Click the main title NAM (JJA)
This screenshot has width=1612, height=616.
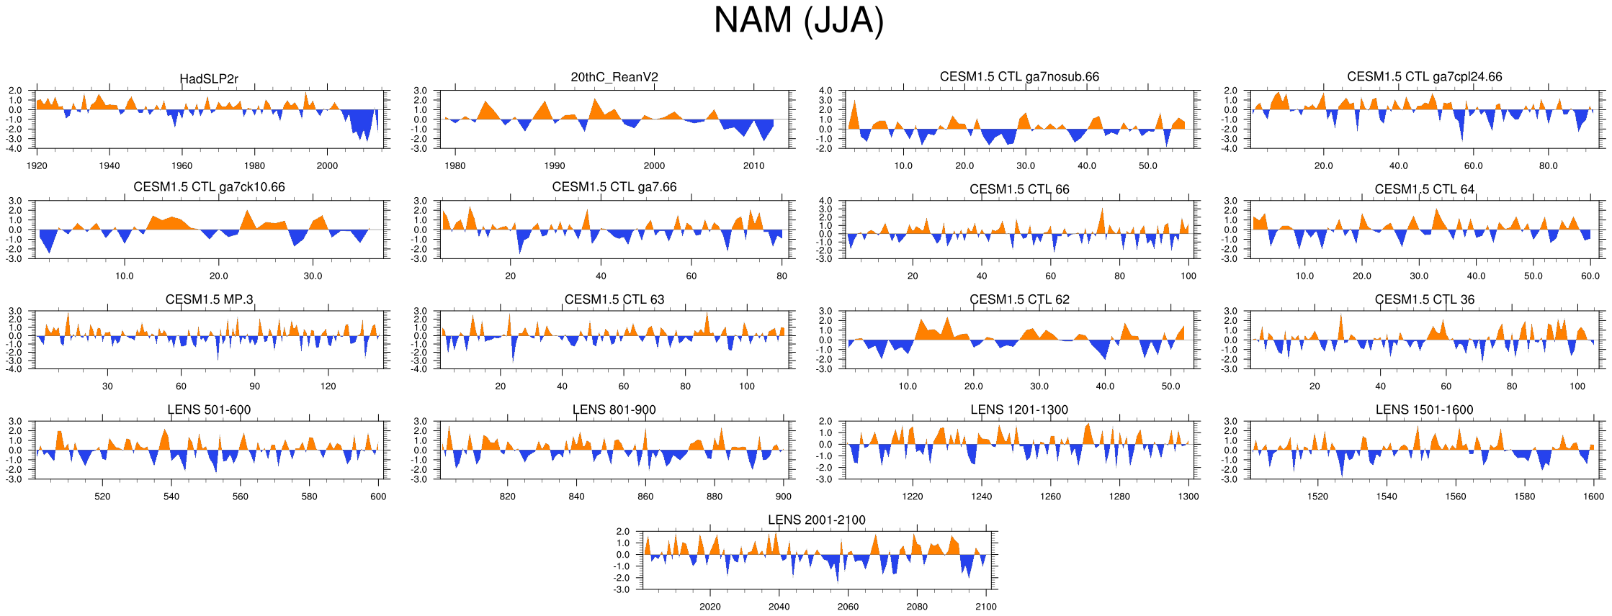point(798,20)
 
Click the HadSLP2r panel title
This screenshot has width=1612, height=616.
point(209,79)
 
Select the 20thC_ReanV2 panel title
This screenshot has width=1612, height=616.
point(614,77)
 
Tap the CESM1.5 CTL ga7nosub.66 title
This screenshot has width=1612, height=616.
point(1019,76)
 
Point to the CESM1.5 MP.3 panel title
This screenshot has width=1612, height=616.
point(209,299)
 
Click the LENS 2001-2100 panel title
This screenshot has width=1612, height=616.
point(816,520)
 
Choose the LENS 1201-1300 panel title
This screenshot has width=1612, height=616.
point(1019,409)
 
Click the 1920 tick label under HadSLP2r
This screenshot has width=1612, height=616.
point(37,166)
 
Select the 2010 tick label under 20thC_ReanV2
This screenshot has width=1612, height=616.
point(753,166)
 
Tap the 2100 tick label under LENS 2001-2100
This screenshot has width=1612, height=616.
point(985,607)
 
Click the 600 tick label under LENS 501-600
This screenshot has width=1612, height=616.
point(378,497)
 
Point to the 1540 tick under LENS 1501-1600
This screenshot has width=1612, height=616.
point(1387,497)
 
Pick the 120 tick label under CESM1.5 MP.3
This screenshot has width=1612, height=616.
point(328,386)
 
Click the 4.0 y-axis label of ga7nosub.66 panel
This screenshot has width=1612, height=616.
point(825,91)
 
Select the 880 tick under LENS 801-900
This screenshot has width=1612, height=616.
point(714,497)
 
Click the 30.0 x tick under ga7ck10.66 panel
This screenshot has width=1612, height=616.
point(313,276)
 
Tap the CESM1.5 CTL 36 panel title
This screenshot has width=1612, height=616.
point(1424,299)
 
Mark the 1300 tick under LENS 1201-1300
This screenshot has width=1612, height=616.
point(1188,497)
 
